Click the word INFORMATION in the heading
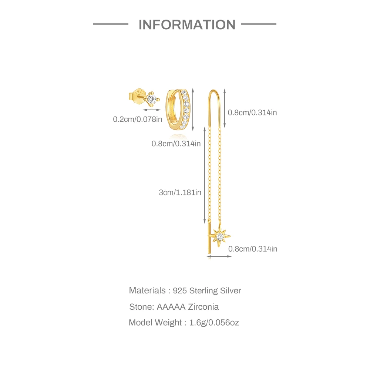click(x=187, y=25)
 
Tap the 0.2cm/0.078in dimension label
click(x=138, y=119)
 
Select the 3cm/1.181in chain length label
click(x=180, y=192)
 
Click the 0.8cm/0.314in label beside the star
click(x=253, y=249)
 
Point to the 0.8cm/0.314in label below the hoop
click(x=176, y=143)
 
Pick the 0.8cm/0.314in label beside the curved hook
click(x=252, y=112)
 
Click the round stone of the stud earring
click(x=151, y=99)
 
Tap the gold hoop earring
click(x=178, y=110)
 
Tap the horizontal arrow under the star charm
click(x=219, y=256)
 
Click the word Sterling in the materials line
click(x=204, y=290)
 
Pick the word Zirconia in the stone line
click(x=203, y=307)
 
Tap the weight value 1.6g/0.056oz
click(x=214, y=323)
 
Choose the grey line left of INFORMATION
click(x=111, y=24)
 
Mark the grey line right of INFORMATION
click(x=259, y=24)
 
